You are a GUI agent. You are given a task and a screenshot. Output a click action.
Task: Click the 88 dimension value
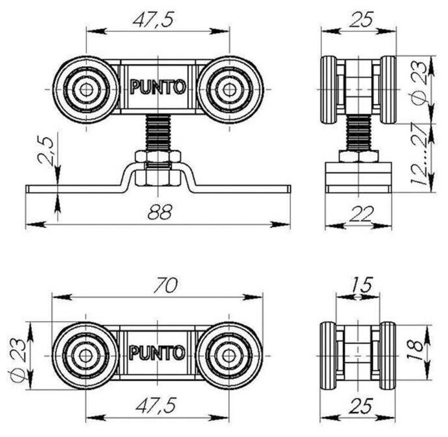tap(157, 212)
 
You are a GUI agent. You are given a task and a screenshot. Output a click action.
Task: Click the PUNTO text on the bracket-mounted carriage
tap(157, 87)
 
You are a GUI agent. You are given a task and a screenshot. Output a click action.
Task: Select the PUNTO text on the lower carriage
tap(157, 353)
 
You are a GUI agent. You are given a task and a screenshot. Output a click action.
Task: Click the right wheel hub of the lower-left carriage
tap(228, 353)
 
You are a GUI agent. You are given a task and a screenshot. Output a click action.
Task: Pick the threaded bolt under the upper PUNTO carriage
tap(157, 132)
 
